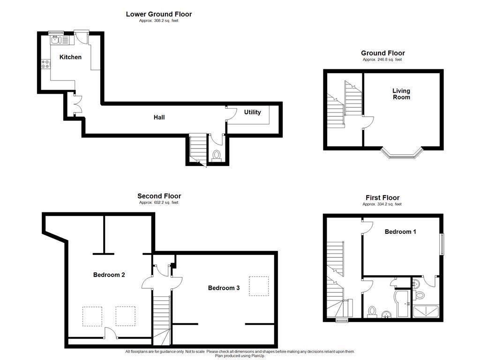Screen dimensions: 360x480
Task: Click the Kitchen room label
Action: [x=70, y=57]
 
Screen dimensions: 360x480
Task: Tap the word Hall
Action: [x=159, y=117]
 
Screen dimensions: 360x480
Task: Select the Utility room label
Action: [x=253, y=112]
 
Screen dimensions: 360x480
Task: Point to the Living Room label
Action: [x=401, y=94]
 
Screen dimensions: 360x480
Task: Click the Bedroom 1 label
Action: [x=400, y=232]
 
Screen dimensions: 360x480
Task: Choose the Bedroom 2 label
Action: [x=109, y=275]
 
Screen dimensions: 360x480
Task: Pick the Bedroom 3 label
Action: [x=224, y=288]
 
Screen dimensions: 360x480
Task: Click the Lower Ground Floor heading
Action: [x=158, y=14]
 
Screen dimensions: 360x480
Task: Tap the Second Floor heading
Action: [x=159, y=196]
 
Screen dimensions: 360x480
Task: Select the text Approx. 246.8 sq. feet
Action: [x=382, y=60]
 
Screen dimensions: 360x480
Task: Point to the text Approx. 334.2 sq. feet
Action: [x=382, y=204]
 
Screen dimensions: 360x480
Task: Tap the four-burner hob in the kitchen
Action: [x=46, y=64]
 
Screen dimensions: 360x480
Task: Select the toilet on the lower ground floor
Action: [x=217, y=155]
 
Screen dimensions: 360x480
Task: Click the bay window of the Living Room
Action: [x=401, y=154]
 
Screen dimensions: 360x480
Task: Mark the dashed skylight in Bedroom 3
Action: [x=259, y=286]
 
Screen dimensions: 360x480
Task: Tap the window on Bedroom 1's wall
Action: [x=441, y=244]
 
